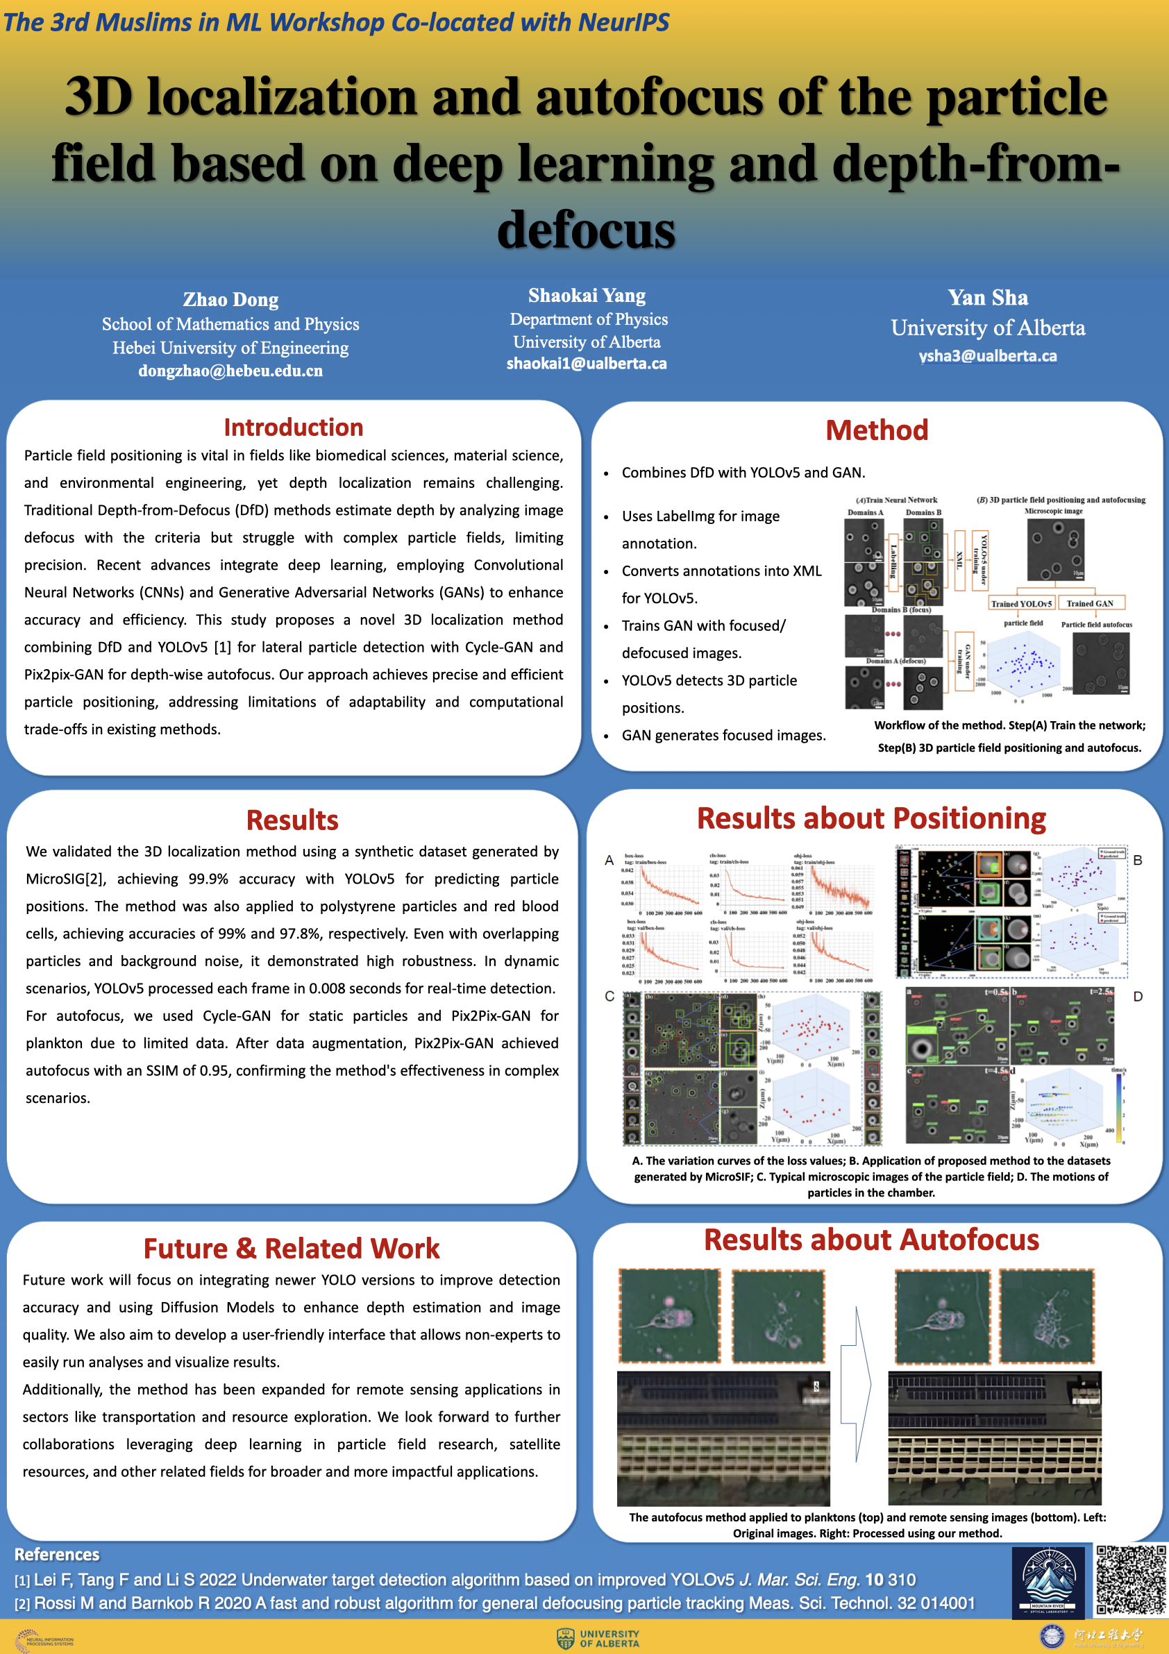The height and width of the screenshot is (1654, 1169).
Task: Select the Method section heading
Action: click(876, 430)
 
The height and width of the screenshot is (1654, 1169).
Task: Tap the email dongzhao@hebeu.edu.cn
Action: click(230, 371)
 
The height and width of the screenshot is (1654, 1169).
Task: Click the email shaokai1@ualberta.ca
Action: click(587, 364)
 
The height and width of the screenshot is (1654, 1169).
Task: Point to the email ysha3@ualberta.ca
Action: click(988, 356)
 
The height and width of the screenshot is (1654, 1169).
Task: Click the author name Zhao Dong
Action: click(230, 299)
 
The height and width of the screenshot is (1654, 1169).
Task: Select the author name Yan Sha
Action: click(988, 298)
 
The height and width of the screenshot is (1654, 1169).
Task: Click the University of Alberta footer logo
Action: click(598, 1638)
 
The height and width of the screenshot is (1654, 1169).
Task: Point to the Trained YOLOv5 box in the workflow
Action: click(1020, 604)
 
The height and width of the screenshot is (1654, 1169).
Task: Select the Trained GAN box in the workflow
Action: click(1089, 604)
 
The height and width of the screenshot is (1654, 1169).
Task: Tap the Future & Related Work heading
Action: click(291, 1249)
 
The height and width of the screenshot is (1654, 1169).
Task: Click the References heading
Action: click(57, 1554)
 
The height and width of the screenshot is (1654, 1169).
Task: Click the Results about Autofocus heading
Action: click(871, 1240)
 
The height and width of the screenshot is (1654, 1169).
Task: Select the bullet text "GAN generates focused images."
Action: click(723, 736)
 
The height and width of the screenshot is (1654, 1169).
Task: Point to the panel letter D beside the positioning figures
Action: click(1138, 996)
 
